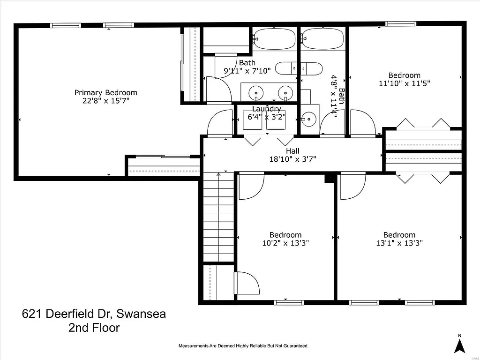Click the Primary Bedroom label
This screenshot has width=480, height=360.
click(105, 92)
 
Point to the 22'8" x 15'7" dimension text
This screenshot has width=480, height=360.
click(105, 101)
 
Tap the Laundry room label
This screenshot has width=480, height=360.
click(266, 109)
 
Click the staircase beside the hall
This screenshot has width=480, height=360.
click(218, 218)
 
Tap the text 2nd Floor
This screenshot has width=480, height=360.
click(94, 328)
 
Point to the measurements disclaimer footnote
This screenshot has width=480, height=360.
click(243, 346)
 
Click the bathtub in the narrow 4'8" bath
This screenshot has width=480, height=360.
click(322, 38)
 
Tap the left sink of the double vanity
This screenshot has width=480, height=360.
click(256, 92)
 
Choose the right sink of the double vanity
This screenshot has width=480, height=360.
click(285, 92)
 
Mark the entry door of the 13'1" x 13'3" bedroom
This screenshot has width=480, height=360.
click(352, 185)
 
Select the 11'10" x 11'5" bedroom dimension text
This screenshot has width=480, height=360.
click(404, 83)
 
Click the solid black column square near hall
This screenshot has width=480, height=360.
click(330, 178)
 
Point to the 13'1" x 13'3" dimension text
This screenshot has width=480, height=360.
click(399, 243)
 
